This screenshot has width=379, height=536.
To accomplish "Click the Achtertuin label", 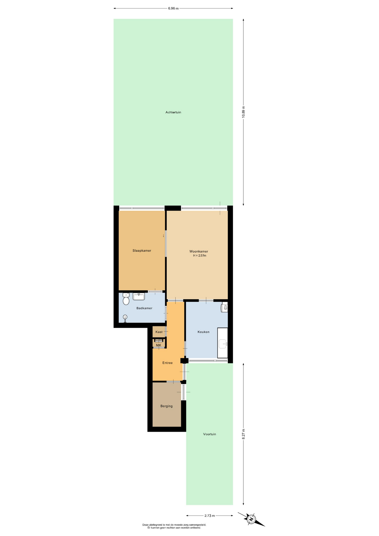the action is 173,112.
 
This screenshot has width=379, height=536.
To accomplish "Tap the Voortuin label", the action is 209,434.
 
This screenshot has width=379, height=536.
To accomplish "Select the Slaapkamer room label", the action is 142,251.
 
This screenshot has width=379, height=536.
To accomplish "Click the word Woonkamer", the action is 199,251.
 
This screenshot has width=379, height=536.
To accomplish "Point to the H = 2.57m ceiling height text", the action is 200,255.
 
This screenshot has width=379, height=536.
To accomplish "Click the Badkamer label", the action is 144,308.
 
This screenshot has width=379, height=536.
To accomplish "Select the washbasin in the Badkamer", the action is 139,296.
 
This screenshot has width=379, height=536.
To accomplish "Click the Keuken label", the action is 203,332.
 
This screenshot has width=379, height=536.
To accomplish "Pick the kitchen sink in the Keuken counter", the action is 223,344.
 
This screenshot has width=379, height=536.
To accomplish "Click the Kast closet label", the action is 159,332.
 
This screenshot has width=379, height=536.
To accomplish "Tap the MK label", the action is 159,345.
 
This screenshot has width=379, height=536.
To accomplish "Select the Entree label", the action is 167,363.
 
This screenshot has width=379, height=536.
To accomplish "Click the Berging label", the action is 166,406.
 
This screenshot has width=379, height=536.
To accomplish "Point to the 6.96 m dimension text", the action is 173,8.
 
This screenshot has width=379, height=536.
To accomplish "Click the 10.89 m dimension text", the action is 243,112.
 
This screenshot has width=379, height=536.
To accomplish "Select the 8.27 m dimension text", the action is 243,434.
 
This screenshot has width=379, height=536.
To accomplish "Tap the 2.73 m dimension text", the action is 210,516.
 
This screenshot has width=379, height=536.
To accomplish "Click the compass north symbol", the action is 251,519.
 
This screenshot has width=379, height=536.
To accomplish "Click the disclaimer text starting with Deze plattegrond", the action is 174,526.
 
